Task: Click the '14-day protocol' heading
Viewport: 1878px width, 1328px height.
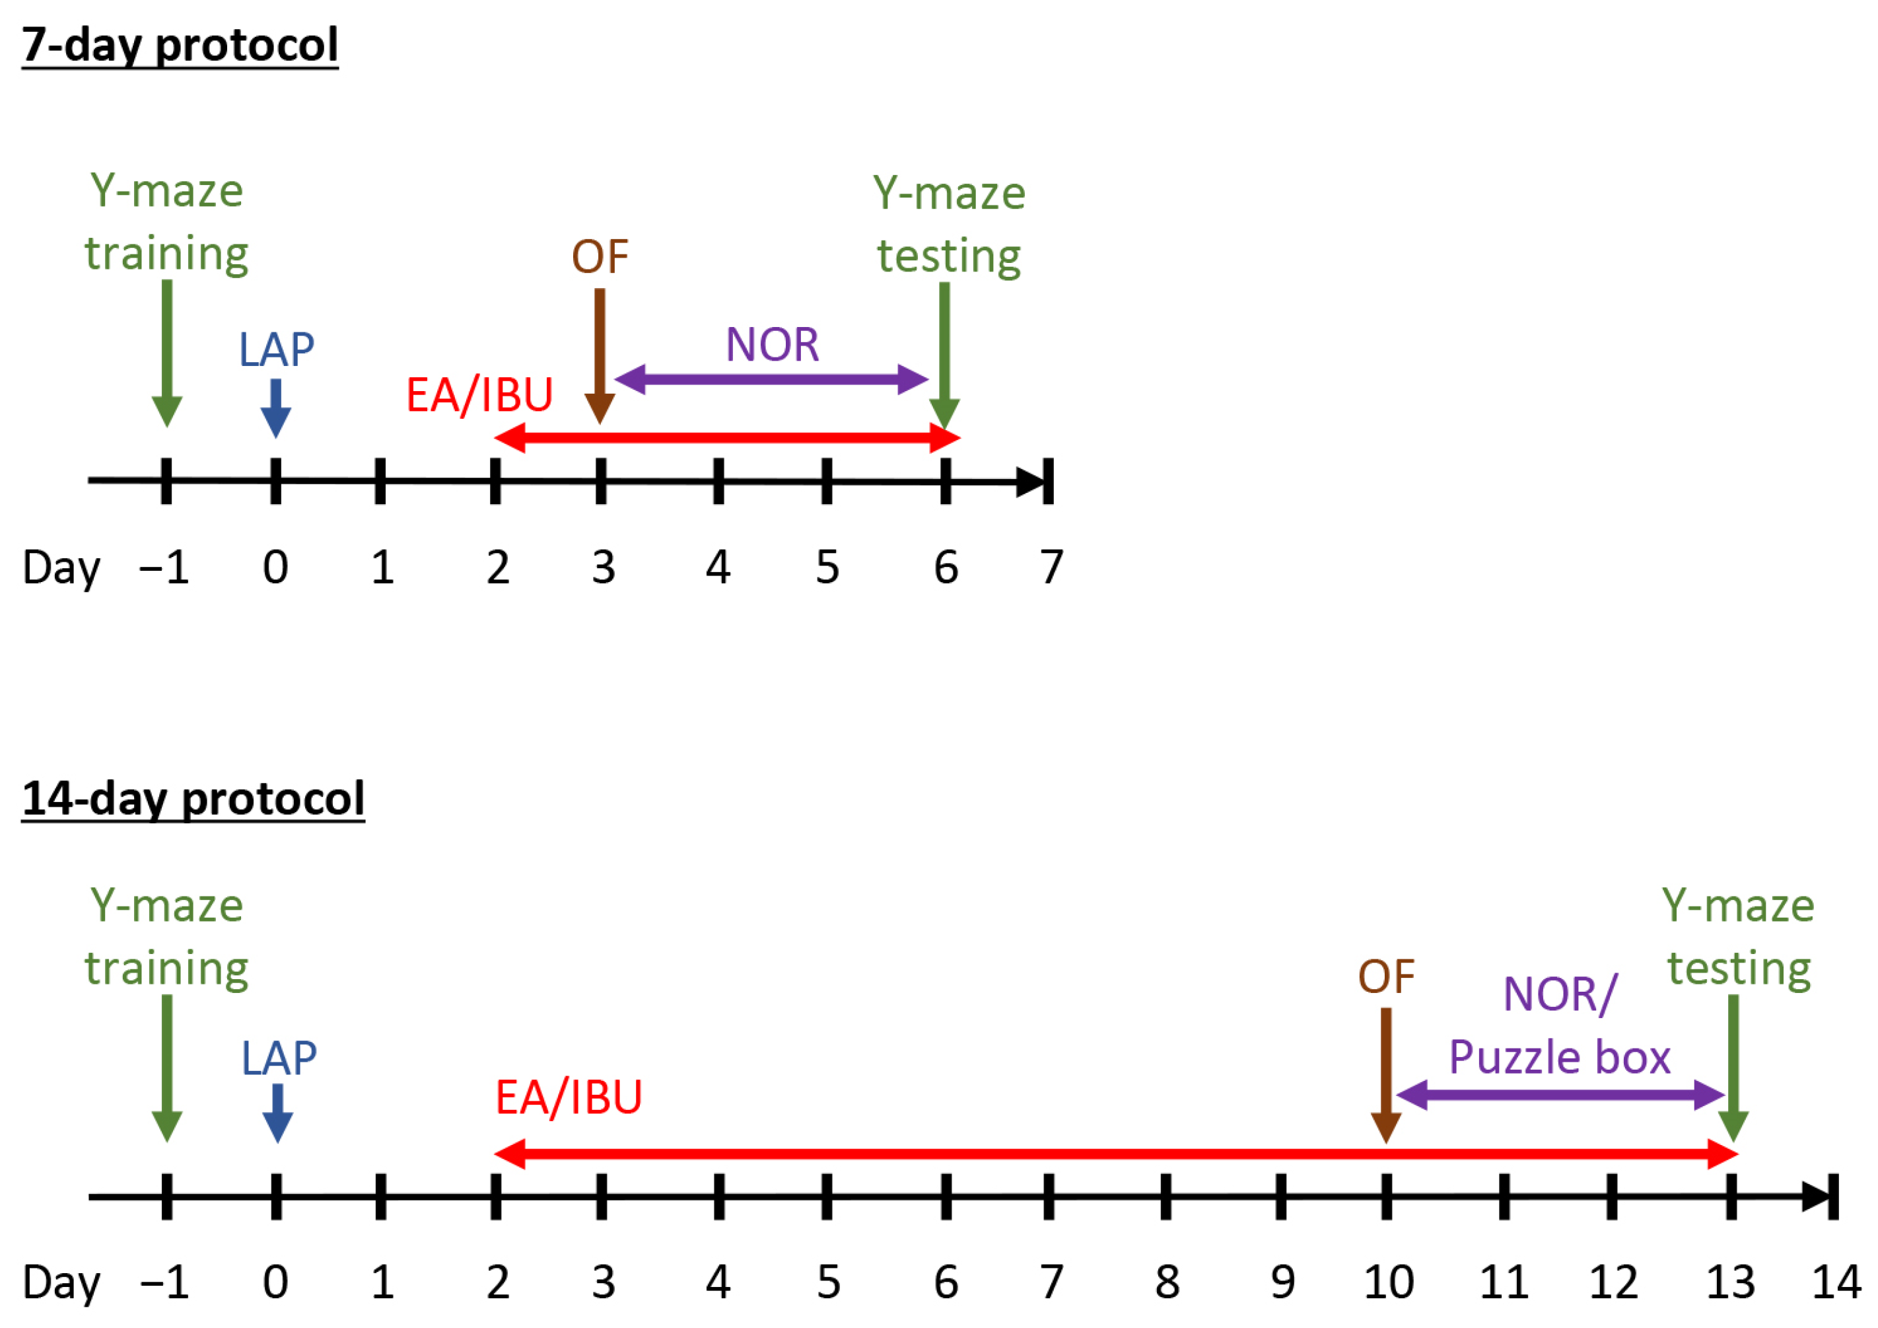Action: click(193, 799)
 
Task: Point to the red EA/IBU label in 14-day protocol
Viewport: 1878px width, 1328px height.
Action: click(569, 1098)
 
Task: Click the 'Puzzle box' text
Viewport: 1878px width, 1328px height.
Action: click(1559, 1057)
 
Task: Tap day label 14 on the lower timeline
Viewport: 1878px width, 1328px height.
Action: click(1836, 1282)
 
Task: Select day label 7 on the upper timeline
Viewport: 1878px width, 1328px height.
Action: click(1051, 567)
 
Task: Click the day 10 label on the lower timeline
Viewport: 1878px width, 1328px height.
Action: click(1388, 1282)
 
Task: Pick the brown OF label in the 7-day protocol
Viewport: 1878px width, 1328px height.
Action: click(600, 257)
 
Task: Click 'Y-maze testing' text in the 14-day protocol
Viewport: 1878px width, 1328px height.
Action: click(1738, 938)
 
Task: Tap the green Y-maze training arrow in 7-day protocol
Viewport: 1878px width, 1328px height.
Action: click(167, 352)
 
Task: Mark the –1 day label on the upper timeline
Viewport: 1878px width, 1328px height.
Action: click(164, 567)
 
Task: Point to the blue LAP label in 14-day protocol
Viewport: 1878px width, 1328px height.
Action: click(279, 1059)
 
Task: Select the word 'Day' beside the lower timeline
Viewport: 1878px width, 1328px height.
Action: click(61, 1282)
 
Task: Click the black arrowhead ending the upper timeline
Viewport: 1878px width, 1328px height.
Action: click(1032, 482)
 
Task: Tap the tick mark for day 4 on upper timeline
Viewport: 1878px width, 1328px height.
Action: click(718, 481)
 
